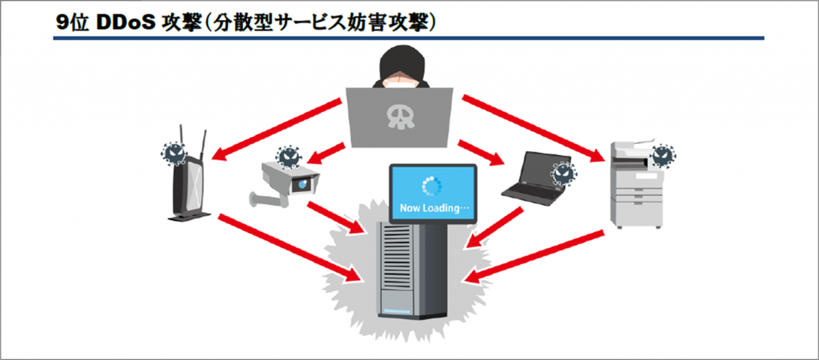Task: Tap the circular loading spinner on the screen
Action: [432, 187]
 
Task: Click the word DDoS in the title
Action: [126, 23]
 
